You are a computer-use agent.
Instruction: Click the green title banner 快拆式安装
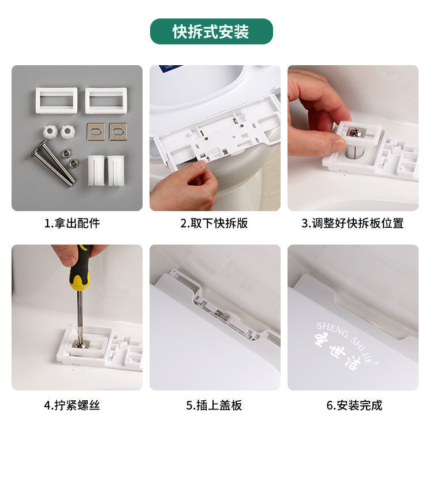tap(211, 31)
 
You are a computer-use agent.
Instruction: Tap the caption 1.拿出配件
tap(72, 223)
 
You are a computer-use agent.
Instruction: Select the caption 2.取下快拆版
tap(214, 223)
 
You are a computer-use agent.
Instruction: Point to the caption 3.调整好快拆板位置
tap(353, 223)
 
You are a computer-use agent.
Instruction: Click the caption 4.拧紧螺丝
tap(72, 405)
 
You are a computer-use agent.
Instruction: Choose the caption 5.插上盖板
tap(214, 405)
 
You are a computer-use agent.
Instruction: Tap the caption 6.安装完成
tap(354, 405)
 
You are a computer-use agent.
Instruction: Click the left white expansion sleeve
tap(96, 170)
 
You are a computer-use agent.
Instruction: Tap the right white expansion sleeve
tap(115, 170)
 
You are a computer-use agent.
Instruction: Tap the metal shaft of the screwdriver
tap(80, 316)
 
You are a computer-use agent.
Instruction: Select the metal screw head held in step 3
tap(356, 133)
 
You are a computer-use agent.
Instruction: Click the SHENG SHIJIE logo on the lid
tap(346, 345)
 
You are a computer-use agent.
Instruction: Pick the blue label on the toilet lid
tap(170, 68)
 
